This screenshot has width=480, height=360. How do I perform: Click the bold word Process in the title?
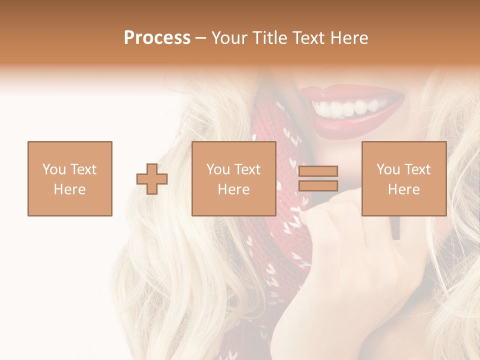[x=157, y=38]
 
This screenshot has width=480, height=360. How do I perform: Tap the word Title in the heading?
[x=270, y=38]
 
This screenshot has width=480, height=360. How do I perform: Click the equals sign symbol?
[x=318, y=178]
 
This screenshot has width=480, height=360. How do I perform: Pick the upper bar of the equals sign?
[x=318, y=171]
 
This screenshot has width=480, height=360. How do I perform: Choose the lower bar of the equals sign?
[x=318, y=185]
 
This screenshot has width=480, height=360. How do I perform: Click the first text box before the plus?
[x=69, y=178]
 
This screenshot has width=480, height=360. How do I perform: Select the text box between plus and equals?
[x=233, y=178]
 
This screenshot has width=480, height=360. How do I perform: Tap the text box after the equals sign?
[x=403, y=178]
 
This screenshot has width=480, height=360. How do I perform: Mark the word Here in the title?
[x=348, y=38]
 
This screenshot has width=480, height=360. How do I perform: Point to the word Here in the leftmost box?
[x=69, y=189]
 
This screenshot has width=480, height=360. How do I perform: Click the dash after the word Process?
[x=201, y=38]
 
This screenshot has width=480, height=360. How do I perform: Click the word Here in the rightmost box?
[x=403, y=189]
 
